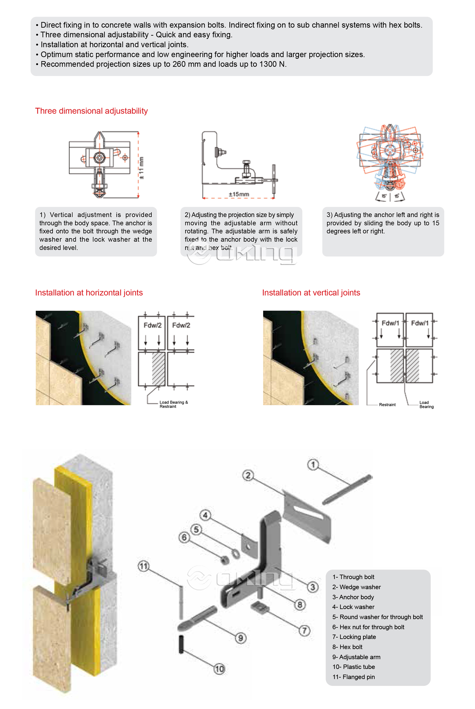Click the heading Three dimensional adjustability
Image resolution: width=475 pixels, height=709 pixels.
pos(91,111)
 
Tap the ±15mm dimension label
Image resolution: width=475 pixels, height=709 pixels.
pos(239,194)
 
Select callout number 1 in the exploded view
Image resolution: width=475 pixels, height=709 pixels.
pos(313,464)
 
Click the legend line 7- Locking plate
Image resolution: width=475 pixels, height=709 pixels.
pos(354,637)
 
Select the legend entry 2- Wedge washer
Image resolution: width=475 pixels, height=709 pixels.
pos(356,587)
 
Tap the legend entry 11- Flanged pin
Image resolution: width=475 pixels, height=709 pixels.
pos(353,677)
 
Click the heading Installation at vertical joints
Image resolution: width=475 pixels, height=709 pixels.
pos(311,292)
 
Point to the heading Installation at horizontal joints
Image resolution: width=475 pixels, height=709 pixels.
pos(89,292)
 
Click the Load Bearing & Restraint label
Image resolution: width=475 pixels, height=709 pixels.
pos(173,404)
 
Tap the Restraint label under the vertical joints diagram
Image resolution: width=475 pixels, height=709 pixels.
pos(387,404)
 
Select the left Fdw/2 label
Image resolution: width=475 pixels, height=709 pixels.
pos(152,325)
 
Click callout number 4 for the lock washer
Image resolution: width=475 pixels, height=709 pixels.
pos(205,515)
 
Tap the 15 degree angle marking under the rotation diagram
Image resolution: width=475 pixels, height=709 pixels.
pos(384,196)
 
